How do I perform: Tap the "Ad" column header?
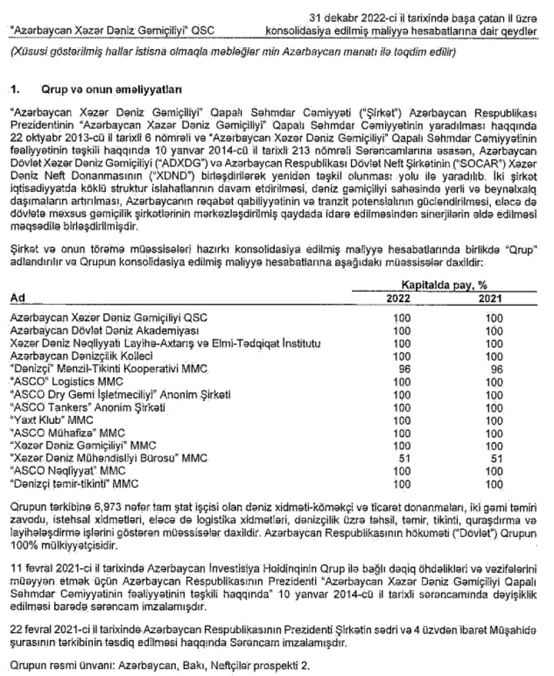(x=19, y=297)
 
